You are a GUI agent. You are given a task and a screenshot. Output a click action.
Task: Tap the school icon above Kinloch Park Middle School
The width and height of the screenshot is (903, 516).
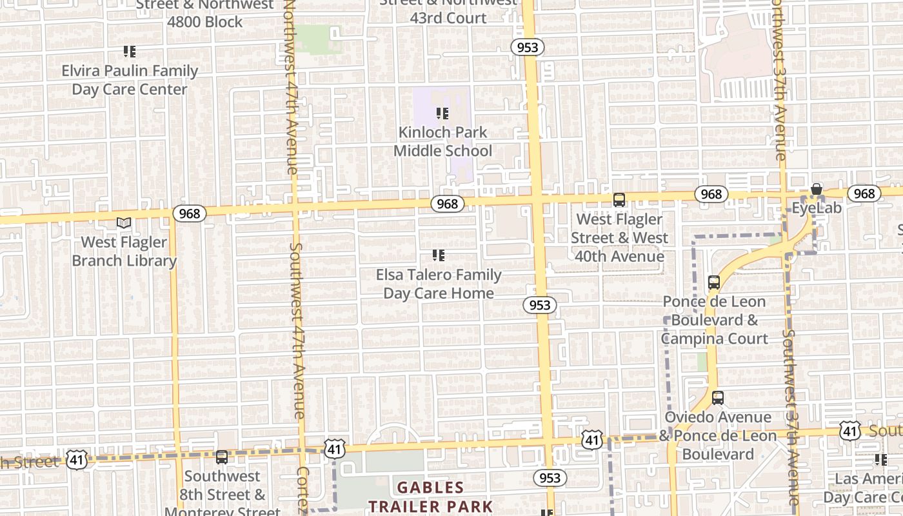click(x=442, y=114)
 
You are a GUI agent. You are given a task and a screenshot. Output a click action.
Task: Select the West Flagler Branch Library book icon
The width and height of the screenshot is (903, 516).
click(x=124, y=223)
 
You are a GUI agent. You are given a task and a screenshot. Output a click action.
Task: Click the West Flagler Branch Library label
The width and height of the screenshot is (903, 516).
click(x=124, y=252)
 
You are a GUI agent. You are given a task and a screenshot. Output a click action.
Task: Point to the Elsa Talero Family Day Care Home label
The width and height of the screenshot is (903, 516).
click(x=439, y=284)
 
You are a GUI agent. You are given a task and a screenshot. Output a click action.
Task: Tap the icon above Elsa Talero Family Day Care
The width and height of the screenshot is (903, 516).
click(x=439, y=255)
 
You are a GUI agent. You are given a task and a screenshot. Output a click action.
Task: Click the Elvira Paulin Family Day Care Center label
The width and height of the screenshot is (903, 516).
click(x=130, y=80)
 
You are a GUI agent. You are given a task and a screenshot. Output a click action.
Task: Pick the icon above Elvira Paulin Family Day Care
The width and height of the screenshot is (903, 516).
click(x=130, y=51)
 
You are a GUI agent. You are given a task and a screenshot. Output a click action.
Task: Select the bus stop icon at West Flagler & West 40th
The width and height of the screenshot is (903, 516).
click(x=619, y=200)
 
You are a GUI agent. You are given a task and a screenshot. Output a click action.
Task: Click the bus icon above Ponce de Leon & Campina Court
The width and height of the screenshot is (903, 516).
click(x=714, y=282)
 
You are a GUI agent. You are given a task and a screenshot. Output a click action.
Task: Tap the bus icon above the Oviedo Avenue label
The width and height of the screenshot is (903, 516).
click(x=718, y=398)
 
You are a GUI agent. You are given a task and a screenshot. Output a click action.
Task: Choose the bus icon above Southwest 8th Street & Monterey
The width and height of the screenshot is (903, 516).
click(x=222, y=457)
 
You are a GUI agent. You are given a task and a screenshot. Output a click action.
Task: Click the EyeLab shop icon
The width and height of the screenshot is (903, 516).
click(x=817, y=189)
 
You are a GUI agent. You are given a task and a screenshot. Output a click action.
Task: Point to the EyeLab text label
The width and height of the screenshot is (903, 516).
click(x=817, y=208)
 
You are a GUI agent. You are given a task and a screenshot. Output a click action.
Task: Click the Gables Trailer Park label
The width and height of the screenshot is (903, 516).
click(x=430, y=497)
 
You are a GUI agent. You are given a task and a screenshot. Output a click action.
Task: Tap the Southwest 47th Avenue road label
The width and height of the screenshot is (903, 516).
click(x=297, y=330)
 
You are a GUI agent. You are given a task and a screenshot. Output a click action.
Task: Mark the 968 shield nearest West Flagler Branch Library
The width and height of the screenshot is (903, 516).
click(x=189, y=213)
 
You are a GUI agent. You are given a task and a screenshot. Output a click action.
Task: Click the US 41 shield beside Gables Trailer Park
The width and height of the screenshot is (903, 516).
click(x=335, y=450)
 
